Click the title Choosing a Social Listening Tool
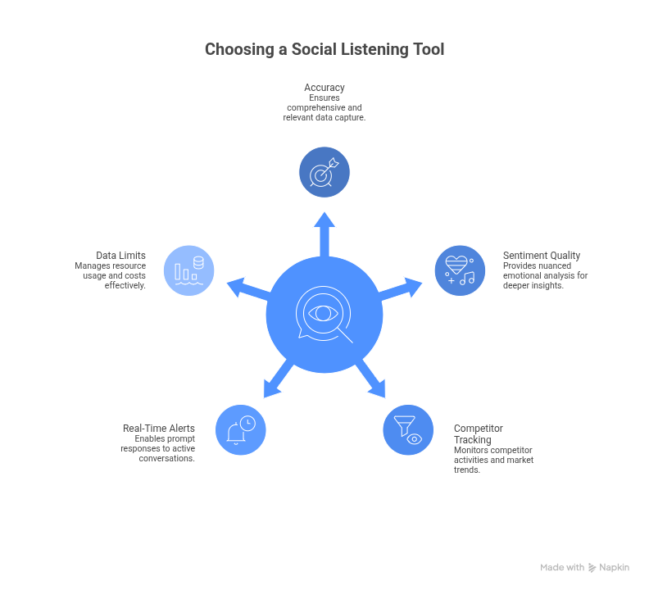[324, 50]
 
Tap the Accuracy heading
[324, 88]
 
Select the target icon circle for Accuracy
[324, 172]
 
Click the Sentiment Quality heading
[542, 256]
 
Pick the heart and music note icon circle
[460, 270]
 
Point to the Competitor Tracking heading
[479, 434]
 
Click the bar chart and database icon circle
[189, 270]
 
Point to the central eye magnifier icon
[324, 315]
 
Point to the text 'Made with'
[562, 567]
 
